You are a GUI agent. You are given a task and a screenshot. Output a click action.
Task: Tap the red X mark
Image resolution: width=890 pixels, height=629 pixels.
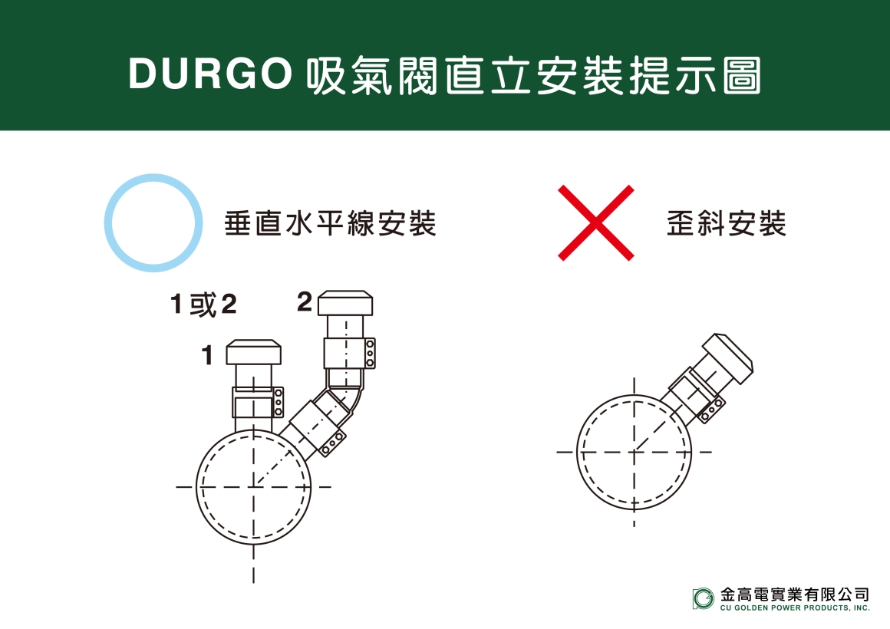pyautogui.click(x=596, y=222)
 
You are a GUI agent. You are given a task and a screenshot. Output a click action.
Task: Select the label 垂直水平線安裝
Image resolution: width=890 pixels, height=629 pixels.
pyautogui.click(x=330, y=223)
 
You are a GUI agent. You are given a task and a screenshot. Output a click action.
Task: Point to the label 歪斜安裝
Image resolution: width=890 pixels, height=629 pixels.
pyautogui.click(x=726, y=223)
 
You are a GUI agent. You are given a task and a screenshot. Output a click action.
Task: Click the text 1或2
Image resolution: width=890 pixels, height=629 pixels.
pyautogui.click(x=203, y=305)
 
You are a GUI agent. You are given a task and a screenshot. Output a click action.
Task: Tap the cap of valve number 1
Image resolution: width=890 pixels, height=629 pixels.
pyautogui.click(x=254, y=353)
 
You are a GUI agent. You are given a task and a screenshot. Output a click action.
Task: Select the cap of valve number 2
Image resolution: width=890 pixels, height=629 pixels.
pyautogui.click(x=345, y=304)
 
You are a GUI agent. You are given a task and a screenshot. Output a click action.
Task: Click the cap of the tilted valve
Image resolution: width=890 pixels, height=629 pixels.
pyautogui.click(x=727, y=359)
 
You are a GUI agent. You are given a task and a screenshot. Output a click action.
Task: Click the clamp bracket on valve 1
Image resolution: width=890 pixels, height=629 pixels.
pyautogui.click(x=258, y=403)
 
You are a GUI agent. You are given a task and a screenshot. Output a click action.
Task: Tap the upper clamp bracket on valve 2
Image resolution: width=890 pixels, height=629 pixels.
pyautogui.click(x=350, y=354)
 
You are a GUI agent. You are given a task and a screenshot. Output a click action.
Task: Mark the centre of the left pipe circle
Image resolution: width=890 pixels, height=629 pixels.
pyautogui.click(x=254, y=486)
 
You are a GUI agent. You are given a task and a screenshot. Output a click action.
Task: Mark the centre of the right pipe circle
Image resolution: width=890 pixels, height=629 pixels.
pyautogui.click(x=635, y=452)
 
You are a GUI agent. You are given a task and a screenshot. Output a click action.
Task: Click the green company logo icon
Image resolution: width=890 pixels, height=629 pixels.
pyautogui.click(x=703, y=598)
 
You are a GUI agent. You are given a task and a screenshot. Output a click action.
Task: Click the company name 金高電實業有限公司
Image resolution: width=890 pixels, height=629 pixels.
pyautogui.click(x=795, y=594)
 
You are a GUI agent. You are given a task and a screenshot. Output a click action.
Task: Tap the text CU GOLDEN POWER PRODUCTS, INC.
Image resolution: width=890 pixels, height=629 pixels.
pyautogui.click(x=795, y=608)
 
